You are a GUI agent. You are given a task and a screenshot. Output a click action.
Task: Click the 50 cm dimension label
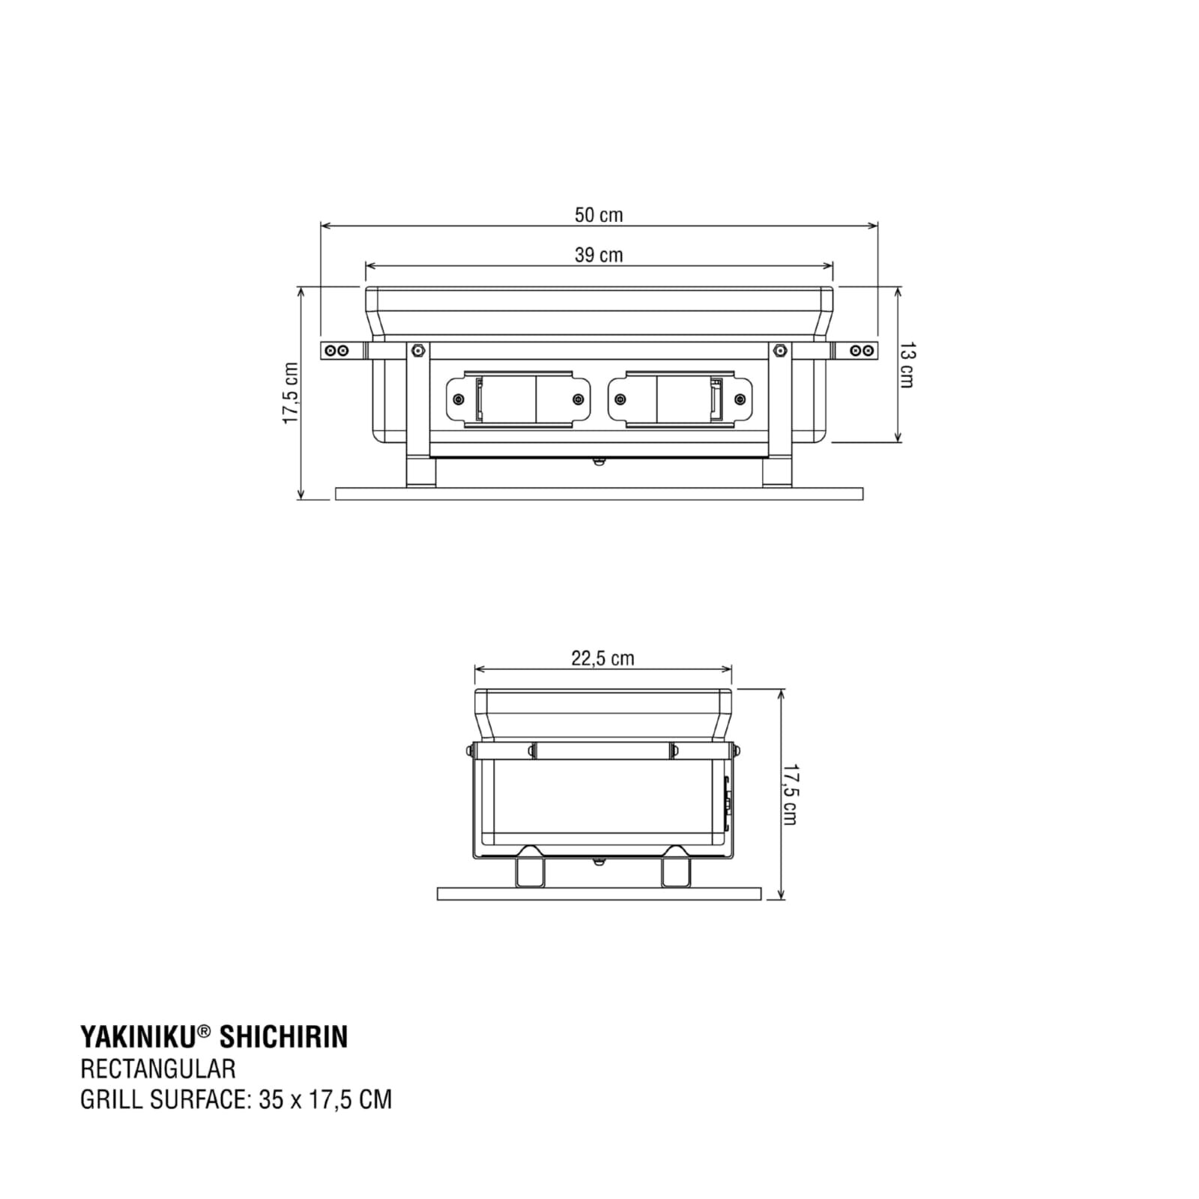(x=599, y=215)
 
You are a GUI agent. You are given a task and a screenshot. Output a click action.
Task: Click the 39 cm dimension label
(x=599, y=255)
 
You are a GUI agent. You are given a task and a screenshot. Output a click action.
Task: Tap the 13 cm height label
(x=906, y=364)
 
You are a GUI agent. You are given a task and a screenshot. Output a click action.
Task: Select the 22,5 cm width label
(x=602, y=658)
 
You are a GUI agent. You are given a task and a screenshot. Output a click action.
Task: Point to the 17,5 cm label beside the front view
(x=291, y=393)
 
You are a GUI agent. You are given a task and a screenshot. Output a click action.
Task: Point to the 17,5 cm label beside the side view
(x=788, y=794)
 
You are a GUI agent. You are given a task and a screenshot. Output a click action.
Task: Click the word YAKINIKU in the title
(x=138, y=1037)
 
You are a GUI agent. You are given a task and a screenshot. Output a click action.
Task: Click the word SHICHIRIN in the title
(x=283, y=1037)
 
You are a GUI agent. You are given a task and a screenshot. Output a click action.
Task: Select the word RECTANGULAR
(x=157, y=1069)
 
